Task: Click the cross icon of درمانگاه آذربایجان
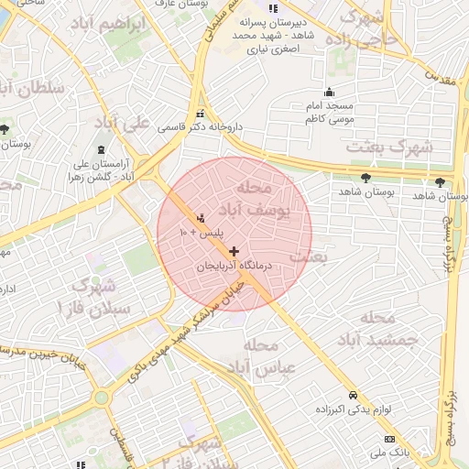coord(234,251)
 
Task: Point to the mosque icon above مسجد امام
coord(330,92)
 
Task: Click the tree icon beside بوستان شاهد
coord(366,178)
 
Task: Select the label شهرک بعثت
coord(396,147)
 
